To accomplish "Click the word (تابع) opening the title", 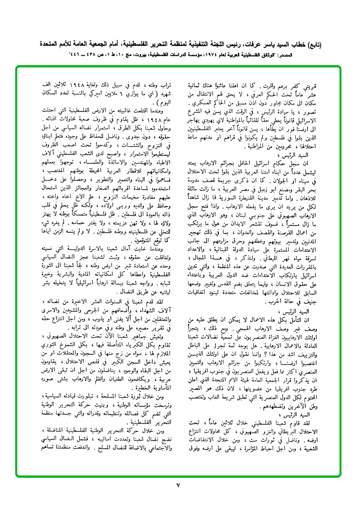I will (x=313, y=46).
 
